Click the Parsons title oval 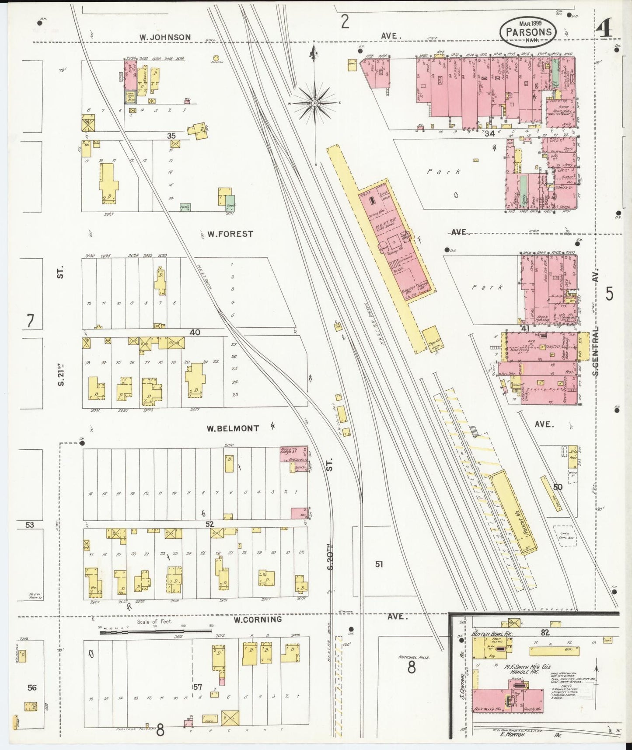(x=528, y=32)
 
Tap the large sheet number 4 (x=605, y=29)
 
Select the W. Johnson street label (x=165, y=37)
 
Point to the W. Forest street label (x=230, y=234)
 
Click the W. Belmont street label (x=233, y=428)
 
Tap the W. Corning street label (x=257, y=620)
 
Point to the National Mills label (x=414, y=657)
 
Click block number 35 (x=171, y=136)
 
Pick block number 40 (x=195, y=333)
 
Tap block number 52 (x=210, y=524)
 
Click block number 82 (x=545, y=632)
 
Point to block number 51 (x=379, y=564)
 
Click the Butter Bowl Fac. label (x=492, y=634)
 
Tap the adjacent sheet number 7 (x=30, y=322)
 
